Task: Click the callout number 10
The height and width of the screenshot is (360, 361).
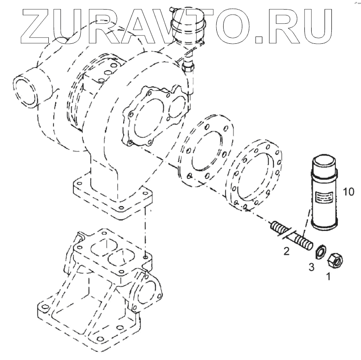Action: tap(349, 192)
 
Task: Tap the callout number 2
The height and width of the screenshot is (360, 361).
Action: tap(286, 251)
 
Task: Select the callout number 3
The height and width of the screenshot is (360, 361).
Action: tap(311, 267)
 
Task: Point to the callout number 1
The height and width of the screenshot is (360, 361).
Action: tap(329, 276)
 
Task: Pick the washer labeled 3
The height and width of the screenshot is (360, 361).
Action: tap(320, 252)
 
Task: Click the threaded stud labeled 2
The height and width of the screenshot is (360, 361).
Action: tap(291, 236)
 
